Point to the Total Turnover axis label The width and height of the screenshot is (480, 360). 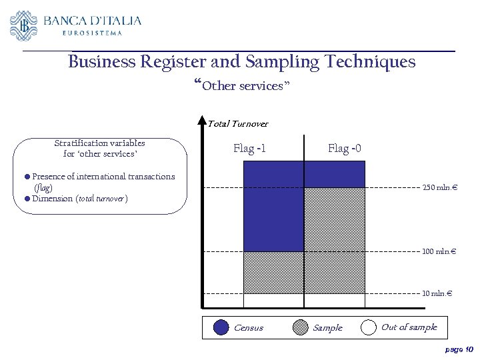pos(238,123)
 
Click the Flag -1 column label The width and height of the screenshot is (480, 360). pos(249,148)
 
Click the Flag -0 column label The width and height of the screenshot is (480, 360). pos(345,148)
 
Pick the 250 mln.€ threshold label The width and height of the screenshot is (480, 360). pos(439,187)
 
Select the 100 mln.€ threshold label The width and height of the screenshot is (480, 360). pos(439,251)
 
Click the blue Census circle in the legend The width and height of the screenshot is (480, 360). pos(221,327)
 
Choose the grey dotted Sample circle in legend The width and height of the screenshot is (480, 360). pos(301,327)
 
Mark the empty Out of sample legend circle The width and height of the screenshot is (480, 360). pos(368,327)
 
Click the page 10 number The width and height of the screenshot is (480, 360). pos(459,349)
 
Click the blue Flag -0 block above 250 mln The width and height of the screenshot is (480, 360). pos(334,174)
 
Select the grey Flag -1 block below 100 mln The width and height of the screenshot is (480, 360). pos(273,272)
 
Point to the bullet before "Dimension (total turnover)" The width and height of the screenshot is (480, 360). pos(27,199)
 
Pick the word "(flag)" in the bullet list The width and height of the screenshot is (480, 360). pos(43,188)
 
